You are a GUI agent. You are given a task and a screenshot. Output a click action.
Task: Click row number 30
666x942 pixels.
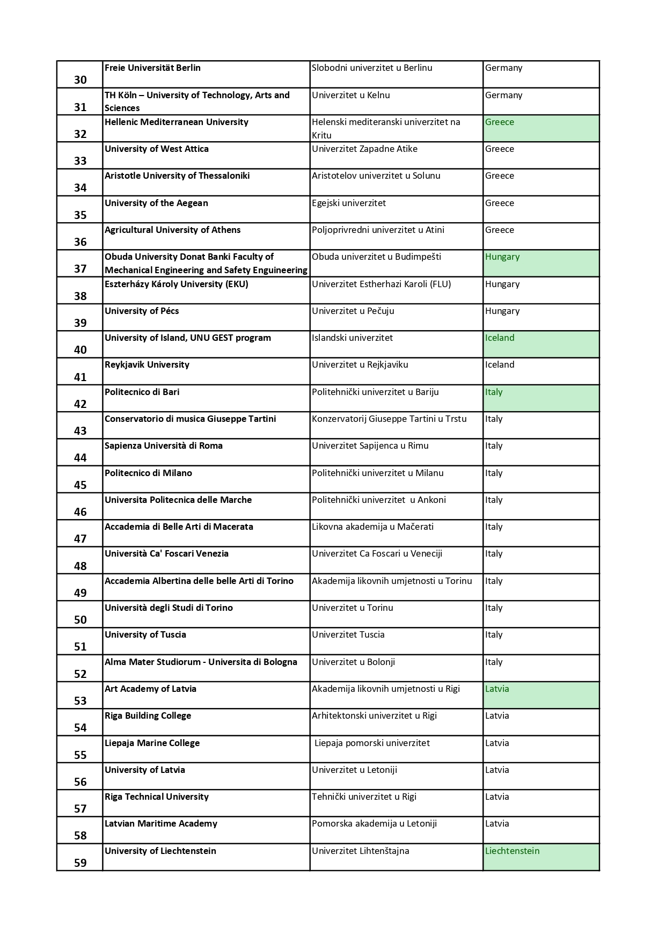pos(80,79)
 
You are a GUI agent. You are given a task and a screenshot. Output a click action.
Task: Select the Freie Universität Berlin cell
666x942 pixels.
pos(152,68)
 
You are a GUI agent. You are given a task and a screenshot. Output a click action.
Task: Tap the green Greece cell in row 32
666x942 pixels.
pos(540,128)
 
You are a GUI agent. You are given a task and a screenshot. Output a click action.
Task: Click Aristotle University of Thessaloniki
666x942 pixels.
pos(177,176)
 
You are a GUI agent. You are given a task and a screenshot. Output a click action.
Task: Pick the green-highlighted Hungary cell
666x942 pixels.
pos(540,263)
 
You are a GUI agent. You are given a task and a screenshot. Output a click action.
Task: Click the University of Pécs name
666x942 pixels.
pos(142,311)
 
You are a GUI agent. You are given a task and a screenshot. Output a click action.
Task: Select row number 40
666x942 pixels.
pos(80,349)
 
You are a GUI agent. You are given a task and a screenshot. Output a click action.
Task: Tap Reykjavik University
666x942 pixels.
pos(147,365)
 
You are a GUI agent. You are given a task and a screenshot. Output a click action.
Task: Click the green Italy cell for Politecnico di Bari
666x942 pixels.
pos(540,398)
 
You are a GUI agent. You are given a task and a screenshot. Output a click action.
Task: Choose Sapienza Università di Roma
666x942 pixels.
pos(164,446)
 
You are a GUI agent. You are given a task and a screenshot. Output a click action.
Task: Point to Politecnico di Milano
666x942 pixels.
pos(148,473)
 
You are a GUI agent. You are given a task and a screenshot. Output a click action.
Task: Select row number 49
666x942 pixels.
pos(80,593)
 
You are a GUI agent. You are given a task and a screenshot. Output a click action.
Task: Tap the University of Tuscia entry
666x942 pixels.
pos(145,635)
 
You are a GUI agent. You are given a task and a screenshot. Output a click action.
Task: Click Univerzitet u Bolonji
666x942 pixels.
pos(353,662)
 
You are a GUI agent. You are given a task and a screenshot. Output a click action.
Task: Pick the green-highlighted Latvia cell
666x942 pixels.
pos(540,695)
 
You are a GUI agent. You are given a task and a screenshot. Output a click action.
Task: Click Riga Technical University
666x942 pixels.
pos(157,797)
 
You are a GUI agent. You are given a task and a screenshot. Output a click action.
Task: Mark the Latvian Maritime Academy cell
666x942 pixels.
pos(161,824)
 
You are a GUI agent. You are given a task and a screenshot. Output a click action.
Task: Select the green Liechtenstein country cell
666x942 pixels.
pos(540,857)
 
